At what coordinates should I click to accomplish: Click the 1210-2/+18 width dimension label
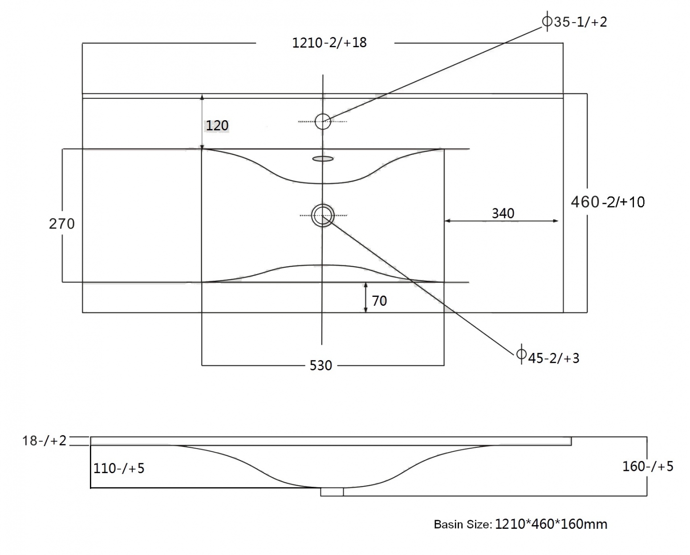tap(329, 43)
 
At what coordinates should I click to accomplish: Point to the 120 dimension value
tap(217, 126)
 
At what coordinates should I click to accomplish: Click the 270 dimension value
tap(61, 224)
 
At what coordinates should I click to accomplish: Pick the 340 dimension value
tap(503, 213)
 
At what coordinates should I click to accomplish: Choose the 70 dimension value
tap(379, 301)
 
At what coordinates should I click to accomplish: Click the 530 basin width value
tap(321, 365)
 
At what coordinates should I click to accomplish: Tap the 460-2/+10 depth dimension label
tap(608, 202)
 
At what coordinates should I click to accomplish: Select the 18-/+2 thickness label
tap(44, 441)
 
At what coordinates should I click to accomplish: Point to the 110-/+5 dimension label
tap(119, 468)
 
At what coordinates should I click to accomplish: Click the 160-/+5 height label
tap(648, 466)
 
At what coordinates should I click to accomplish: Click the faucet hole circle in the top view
tap(323, 114)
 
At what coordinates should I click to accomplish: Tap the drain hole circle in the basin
tap(323, 205)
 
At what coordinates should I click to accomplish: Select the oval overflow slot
tap(323, 159)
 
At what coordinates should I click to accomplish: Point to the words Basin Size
tap(463, 525)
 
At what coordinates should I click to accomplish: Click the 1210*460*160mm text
tap(551, 524)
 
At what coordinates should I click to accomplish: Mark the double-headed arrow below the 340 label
tap(501, 221)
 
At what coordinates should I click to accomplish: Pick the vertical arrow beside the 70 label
tap(365, 297)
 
